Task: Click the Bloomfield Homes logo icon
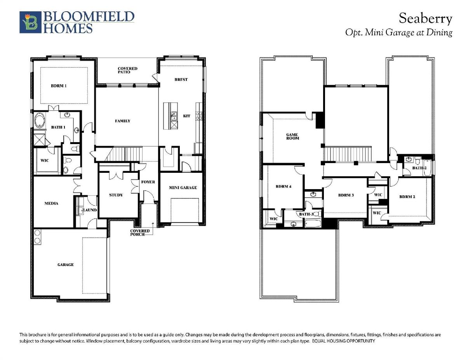[30, 22]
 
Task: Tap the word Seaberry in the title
[426, 19]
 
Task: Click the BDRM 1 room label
[59, 86]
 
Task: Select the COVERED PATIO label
[127, 70]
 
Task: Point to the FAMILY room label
[123, 121]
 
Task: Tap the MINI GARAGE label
[183, 188]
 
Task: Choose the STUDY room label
[116, 195]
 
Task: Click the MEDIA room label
[51, 203]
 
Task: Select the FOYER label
[148, 182]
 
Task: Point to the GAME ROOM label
[292, 137]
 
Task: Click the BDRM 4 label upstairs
[283, 186]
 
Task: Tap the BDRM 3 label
[346, 195]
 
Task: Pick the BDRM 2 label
[407, 197]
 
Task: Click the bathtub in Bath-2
[427, 168]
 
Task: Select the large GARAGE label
[66, 265]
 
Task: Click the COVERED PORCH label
[140, 233]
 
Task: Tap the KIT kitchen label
[186, 116]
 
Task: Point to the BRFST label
[181, 80]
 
